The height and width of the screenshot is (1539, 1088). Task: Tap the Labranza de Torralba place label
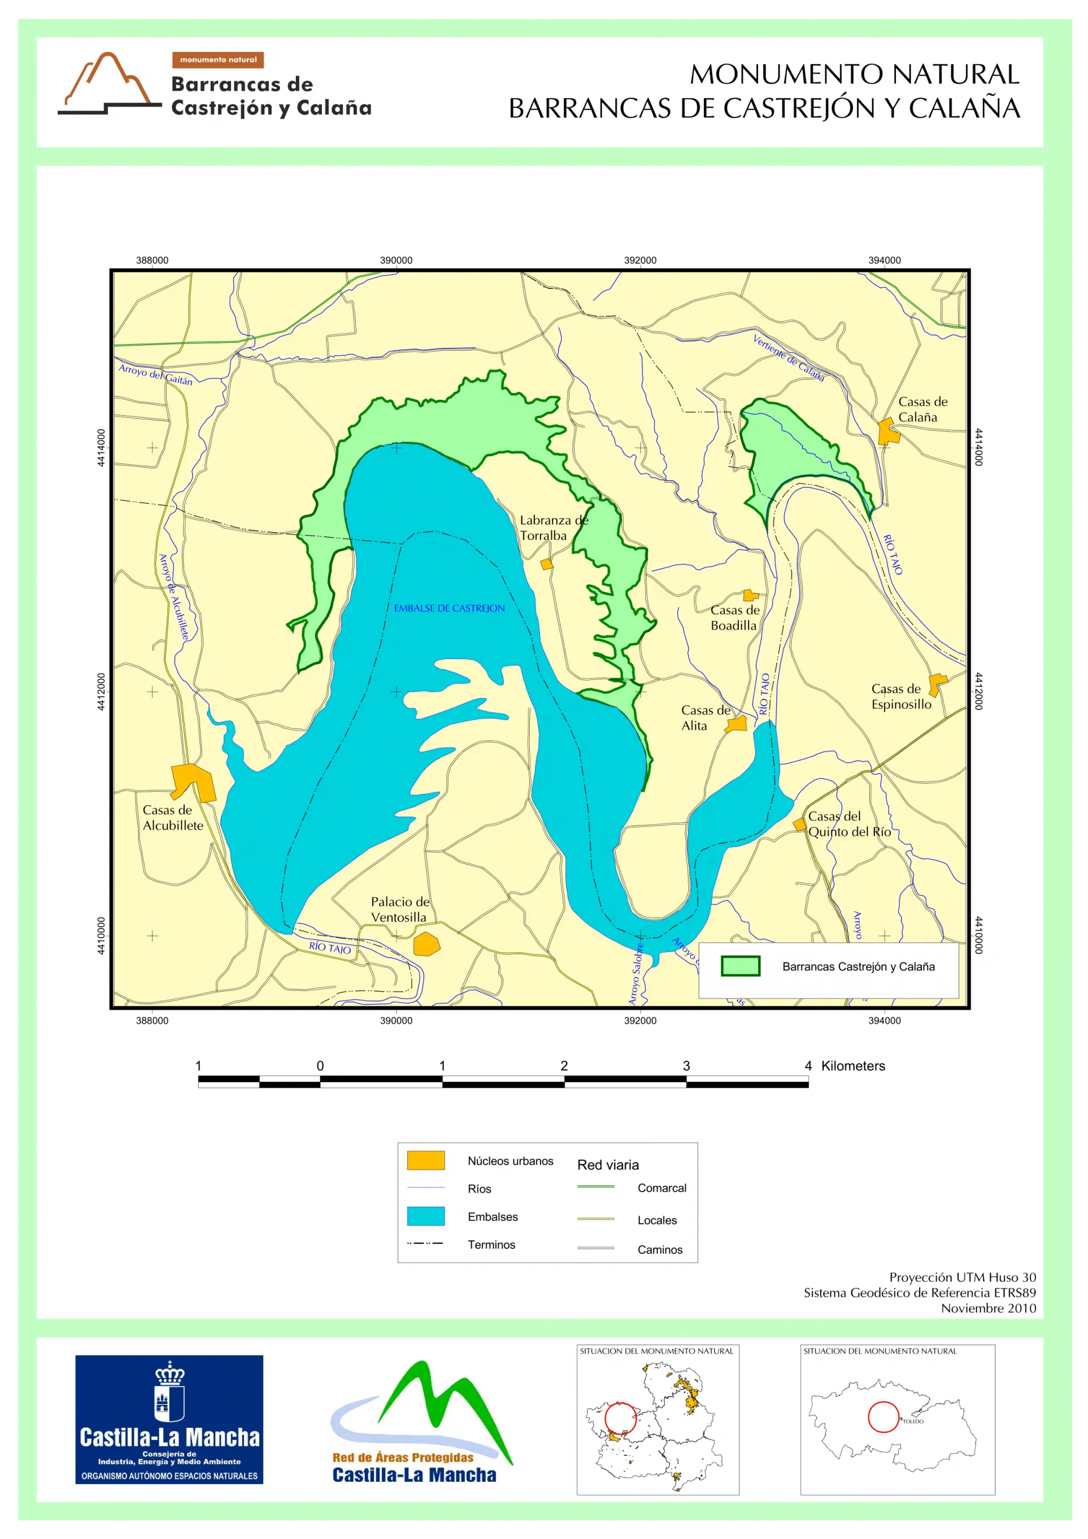553,527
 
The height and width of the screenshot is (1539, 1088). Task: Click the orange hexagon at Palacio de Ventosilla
426,944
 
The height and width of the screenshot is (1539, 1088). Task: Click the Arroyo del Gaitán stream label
155,374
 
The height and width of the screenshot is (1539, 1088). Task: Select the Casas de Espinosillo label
900,696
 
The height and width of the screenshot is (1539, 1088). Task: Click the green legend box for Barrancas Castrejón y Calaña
739,966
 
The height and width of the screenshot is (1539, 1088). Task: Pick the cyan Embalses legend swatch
426,1216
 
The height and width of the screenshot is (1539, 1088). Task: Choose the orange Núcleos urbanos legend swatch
426,1160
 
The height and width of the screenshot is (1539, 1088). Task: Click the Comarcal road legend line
595,1187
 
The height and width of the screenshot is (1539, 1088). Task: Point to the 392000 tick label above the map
640,260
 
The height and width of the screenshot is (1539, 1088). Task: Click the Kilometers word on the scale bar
852,1066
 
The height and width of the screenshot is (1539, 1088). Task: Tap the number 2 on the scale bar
564,1066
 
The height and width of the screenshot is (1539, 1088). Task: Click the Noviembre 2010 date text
988,1308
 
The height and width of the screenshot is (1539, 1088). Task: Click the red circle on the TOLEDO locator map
883,1417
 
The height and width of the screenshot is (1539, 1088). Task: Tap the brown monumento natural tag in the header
218,59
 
